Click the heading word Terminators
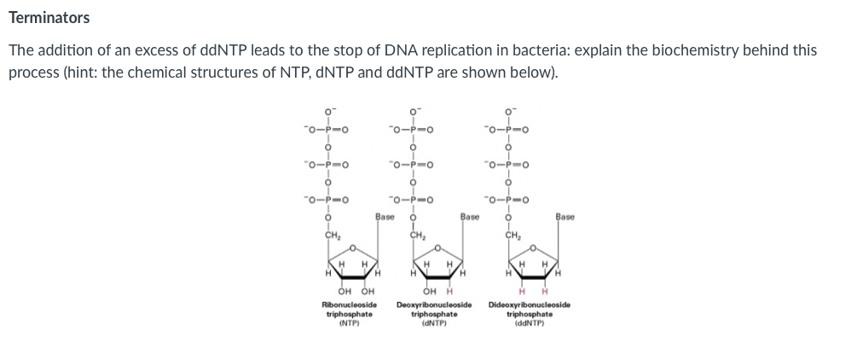pos(49,18)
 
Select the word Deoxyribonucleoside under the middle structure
pos(435,305)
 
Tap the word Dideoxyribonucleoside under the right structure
pos(530,305)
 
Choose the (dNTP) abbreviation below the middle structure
pos(435,322)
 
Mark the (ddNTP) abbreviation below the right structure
pos(530,322)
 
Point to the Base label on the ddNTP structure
pos(565,217)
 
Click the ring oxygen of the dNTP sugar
pos(437,248)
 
